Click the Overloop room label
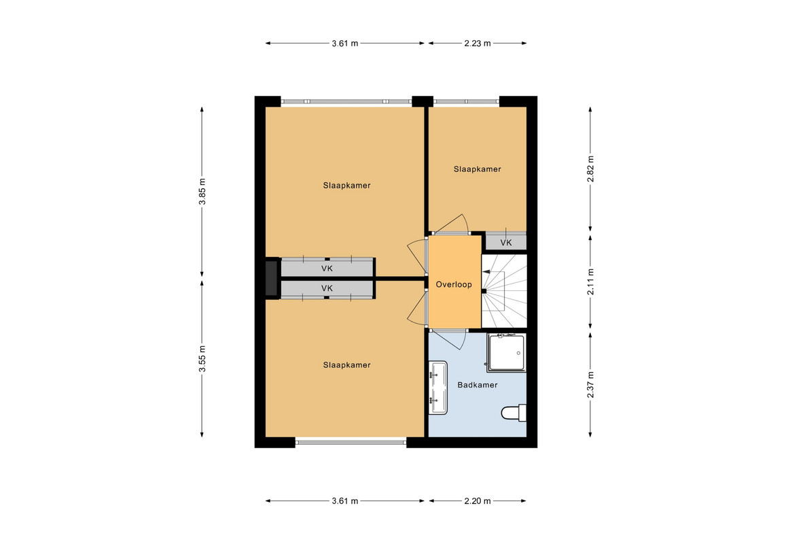pos(454,285)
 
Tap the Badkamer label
pos(478,386)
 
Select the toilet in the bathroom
pos(514,413)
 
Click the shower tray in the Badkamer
pos(507,352)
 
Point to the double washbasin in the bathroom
pos(438,388)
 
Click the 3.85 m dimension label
pos(202,192)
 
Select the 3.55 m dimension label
pos(202,358)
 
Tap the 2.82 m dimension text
pos(590,169)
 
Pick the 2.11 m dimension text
pos(590,282)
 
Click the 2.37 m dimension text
pos(590,384)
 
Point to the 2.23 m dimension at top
pos(478,44)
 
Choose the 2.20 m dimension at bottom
pos(478,501)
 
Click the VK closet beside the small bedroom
pos(506,241)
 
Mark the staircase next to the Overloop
pos(504,291)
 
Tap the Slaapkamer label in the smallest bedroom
pos(478,169)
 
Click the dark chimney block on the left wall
pos(272,277)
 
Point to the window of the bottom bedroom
pos(350,443)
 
